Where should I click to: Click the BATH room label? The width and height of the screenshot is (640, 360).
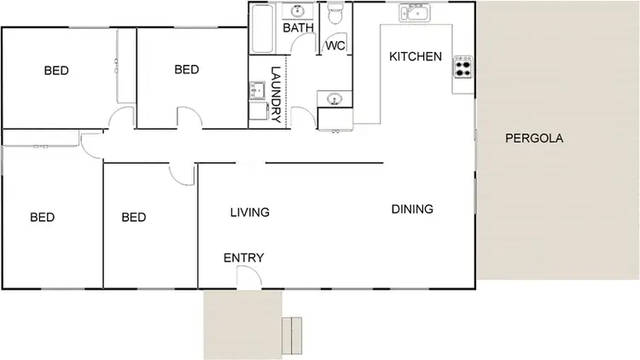coord(298,28)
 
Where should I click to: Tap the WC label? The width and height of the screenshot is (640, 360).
coord(335,46)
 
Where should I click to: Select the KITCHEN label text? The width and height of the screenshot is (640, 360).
coord(416,57)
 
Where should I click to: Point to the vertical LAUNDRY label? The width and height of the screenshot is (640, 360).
coord(276,95)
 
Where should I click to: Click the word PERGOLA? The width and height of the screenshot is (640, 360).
coord(534,138)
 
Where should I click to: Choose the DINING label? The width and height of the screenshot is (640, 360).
coord(412,209)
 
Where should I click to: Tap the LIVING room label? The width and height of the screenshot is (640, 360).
coord(250,212)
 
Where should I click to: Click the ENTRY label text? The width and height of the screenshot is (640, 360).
coord(243,258)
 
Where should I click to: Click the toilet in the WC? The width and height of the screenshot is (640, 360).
coord(336,15)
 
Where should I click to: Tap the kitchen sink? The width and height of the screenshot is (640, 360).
coord(416,14)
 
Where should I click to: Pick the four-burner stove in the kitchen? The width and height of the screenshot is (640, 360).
coord(463,67)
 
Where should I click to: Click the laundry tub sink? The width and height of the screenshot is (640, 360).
coord(257,90)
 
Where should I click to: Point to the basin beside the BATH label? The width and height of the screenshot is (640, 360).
coord(299,11)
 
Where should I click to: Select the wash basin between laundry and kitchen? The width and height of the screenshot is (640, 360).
coord(332,99)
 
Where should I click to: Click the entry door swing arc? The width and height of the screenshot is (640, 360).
coord(250,275)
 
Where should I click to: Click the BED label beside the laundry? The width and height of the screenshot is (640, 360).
coord(187,70)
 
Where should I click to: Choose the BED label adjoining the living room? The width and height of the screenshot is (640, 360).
coord(134,218)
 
